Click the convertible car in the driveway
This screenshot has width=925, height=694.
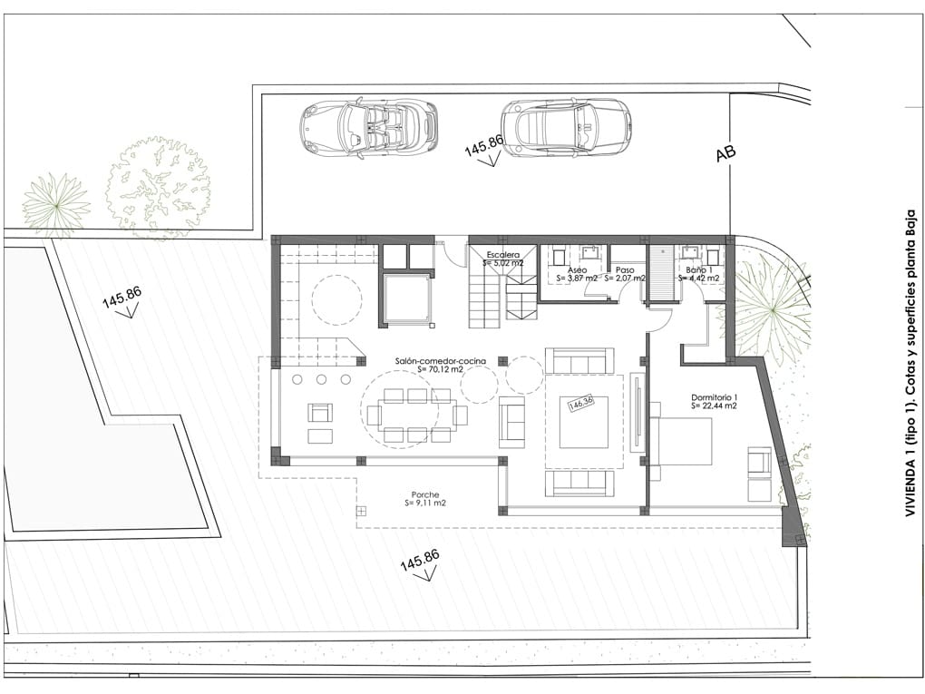click(x=368, y=128)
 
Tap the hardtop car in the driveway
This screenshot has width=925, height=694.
click(x=565, y=128)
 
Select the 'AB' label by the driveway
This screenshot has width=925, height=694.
click(x=725, y=153)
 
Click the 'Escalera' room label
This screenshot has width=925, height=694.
click(x=503, y=255)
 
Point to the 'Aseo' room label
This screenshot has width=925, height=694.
click(x=577, y=270)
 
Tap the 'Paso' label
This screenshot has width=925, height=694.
click(x=625, y=270)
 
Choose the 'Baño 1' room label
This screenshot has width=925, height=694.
click(x=697, y=270)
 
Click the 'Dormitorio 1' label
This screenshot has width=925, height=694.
click(x=714, y=397)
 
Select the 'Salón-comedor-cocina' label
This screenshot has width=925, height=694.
click(x=440, y=361)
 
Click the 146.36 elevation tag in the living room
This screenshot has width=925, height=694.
click(x=579, y=403)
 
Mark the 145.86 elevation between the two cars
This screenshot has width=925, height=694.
click(x=484, y=145)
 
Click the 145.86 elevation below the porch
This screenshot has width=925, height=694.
click(x=420, y=562)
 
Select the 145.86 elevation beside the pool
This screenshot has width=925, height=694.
click(x=122, y=298)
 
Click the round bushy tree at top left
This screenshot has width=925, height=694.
click(x=157, y=187)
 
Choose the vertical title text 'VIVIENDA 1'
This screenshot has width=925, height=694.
click(x=909, y=363)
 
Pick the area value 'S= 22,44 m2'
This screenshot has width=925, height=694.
click(x=714, y=406)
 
